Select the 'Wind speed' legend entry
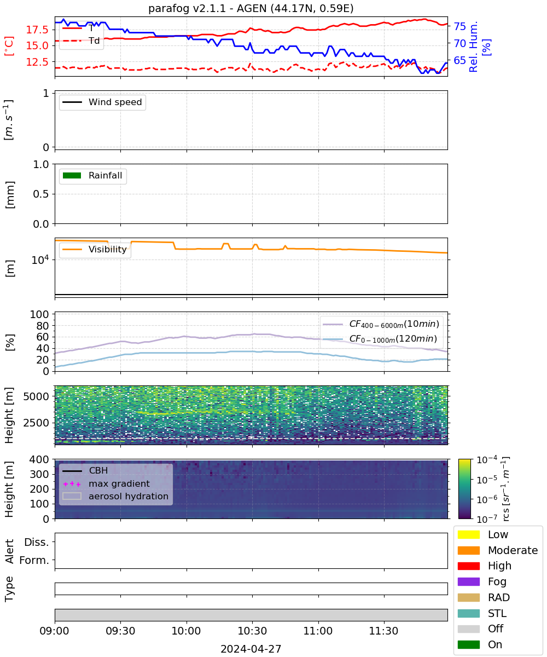pos(102,102)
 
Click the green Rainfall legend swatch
pos(72,176)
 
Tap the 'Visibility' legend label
pos(108,249)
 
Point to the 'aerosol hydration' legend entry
pos(115,496)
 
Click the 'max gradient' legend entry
pos(106,483)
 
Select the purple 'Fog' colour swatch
pos(468,582)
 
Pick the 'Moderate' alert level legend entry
pos(498,550)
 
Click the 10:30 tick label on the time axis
pos(252,631)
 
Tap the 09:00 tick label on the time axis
pos(55,631)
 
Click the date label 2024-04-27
pos(251,649)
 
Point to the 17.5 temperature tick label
pos(37,30)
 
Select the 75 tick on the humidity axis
pos(460,26)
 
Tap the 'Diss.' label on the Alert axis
pos(37,542)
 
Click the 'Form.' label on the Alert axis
pos(34,560)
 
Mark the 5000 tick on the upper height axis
pos(36,396)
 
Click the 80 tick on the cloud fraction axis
pos(43,326)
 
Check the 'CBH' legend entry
pos(85,471)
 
